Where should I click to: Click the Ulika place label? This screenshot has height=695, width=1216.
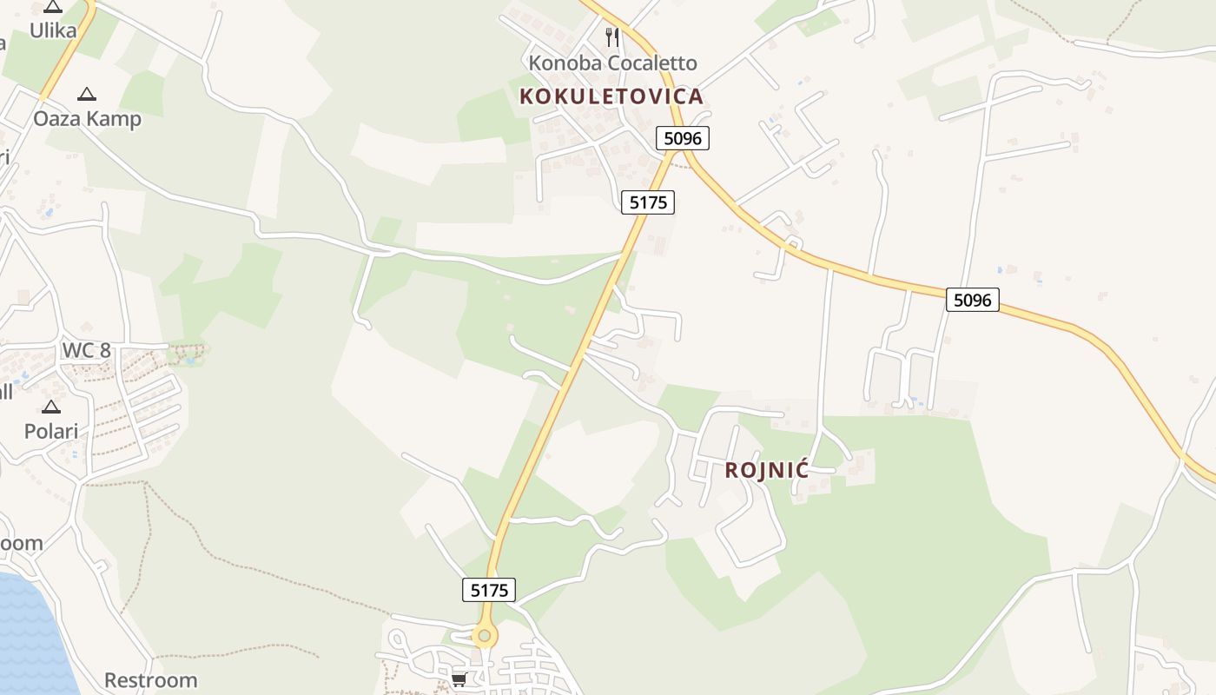(52, 31)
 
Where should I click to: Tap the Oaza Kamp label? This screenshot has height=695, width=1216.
(87, 118)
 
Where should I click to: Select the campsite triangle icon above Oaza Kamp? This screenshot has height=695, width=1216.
(87, 94)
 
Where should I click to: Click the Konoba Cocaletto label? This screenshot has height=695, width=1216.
(612, 63)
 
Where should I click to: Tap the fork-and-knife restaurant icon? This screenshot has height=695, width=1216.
(612, 36)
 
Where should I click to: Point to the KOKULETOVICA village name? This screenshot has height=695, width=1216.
(611, 96)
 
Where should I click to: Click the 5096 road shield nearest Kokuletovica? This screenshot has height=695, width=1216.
(682, 138)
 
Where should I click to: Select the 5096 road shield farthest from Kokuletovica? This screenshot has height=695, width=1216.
(972, 300)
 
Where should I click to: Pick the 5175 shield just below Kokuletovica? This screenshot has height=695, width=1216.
(648, 202)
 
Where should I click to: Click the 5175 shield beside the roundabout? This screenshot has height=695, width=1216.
(489, 590)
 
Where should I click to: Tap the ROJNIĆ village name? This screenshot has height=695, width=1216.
(766, 471)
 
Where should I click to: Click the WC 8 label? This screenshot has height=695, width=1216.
(86, 351)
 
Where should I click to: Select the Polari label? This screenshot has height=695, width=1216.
(51, 431)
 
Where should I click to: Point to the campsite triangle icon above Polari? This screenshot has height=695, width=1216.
(51, 407)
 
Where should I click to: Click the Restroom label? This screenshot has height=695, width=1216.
(151, 679)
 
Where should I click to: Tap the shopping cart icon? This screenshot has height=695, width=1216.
(459, 679)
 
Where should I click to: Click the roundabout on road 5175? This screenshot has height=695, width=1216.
(484, 636)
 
